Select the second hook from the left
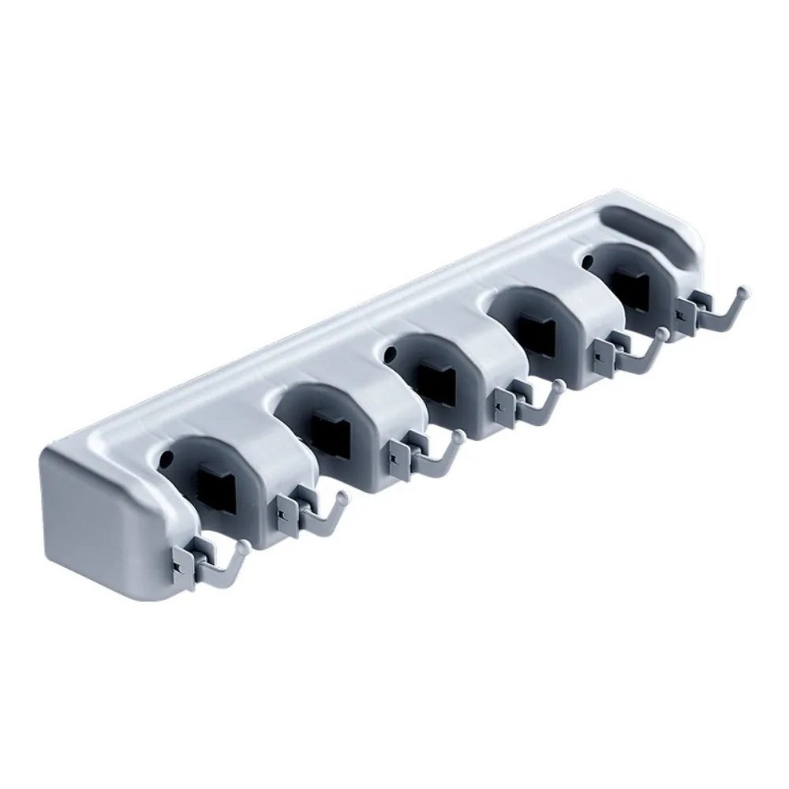point(316,514)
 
